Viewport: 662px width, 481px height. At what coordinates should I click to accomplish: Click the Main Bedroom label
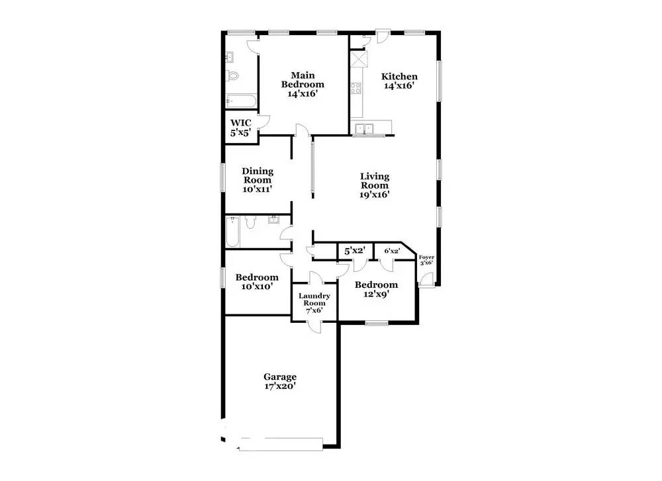pos(303,84)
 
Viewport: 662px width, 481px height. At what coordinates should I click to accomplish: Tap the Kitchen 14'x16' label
pos(399,81)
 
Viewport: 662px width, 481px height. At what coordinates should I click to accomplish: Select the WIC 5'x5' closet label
pos(240,128)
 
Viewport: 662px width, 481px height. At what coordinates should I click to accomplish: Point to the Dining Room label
pos(257,179)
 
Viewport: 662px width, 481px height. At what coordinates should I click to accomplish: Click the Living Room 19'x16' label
pos(374,185)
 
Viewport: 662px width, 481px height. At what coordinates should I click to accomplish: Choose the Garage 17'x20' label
pos(280,382)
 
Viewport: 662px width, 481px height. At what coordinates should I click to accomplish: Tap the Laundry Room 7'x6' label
pos(314,303)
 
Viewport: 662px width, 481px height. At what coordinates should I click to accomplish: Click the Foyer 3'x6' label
pos(426,259)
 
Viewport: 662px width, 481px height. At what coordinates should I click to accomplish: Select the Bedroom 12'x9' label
pos(376,290)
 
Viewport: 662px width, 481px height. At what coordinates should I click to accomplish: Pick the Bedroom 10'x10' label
pos(257,282)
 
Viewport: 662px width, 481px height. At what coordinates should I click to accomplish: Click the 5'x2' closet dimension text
pos(354,251)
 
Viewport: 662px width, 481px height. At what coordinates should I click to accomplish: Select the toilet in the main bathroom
pos(232,75)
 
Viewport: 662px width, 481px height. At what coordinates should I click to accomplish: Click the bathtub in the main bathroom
pos(239,101)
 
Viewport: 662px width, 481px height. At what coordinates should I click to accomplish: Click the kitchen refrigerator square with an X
pos(358,60)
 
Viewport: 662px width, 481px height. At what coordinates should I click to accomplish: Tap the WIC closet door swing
pos(263,123)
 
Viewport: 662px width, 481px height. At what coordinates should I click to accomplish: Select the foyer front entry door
pos(426,281)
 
